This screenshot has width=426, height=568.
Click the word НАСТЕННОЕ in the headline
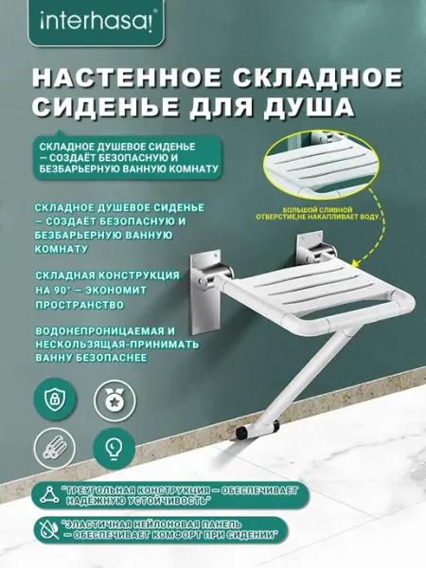(x=126, y=78)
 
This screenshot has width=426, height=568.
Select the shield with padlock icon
(x=55, y=399)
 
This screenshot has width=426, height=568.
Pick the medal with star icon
(x=115, y=400)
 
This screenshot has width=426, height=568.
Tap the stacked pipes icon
(x=55, y=448)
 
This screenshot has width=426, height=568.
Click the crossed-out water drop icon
(x=50, y=530)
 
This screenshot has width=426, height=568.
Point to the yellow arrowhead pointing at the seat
(x=356, y=263)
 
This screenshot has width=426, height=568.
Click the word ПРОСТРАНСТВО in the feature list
(x=80, y=305)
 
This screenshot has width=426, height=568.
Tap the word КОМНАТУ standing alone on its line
(x=62, y=249)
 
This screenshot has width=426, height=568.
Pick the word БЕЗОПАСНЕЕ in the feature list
(x=111, y=358)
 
